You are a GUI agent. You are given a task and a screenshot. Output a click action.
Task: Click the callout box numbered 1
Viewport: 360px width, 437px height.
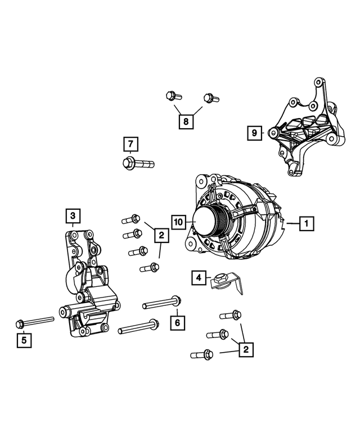pos(307,224)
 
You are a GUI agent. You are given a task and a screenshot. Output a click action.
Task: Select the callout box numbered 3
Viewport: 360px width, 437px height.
pos(73,215)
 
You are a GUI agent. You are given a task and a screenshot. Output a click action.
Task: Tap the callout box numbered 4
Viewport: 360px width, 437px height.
pos(198,277)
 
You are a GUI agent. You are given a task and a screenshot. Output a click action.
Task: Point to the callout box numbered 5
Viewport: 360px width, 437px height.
pos(24,339)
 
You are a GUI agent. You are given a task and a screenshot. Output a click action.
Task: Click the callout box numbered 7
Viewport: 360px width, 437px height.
pos(130,144)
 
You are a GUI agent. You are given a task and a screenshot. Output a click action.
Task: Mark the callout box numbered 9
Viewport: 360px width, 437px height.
pos(255,133)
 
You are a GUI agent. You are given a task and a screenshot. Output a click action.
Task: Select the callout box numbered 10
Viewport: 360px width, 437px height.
pos(178,223)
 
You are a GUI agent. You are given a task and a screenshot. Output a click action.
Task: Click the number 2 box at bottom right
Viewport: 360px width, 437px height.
pos(246,350)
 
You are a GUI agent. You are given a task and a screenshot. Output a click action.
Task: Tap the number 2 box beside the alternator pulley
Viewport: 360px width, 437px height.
pos(161,235)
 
